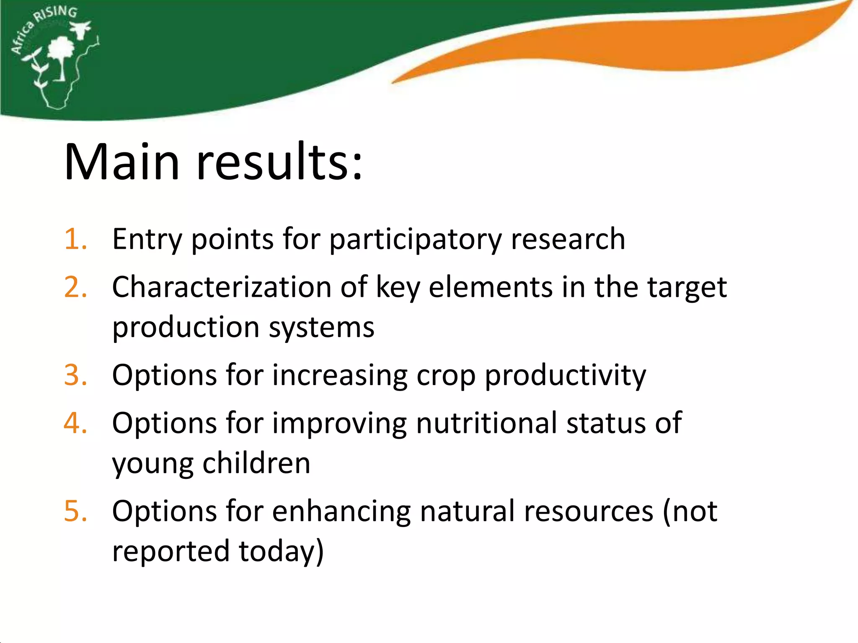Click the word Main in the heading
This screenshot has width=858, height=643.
(x=122, y=162)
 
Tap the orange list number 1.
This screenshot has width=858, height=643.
(x=75, y=239)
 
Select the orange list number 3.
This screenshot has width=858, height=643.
(x=75, y=375)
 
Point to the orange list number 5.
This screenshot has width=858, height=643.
(x=75, y=511)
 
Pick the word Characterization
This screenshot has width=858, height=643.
(x=222, y=288)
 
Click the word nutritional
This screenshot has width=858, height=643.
(x=486, y=423)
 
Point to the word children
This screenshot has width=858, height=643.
(x=256, y=463)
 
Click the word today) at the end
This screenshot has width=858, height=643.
(x=281, y=551)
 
